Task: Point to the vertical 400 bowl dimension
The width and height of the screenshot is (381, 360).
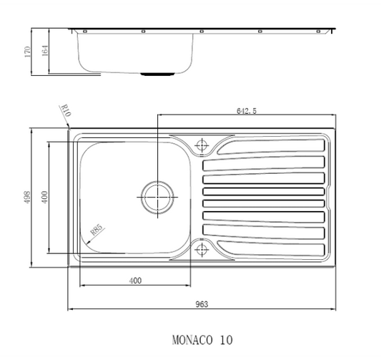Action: [44, 198]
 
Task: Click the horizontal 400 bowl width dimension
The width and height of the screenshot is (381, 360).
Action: [134, 281]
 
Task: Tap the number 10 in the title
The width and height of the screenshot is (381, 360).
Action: [226, 339]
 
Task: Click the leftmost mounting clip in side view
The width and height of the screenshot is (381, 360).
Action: [85, 31]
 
